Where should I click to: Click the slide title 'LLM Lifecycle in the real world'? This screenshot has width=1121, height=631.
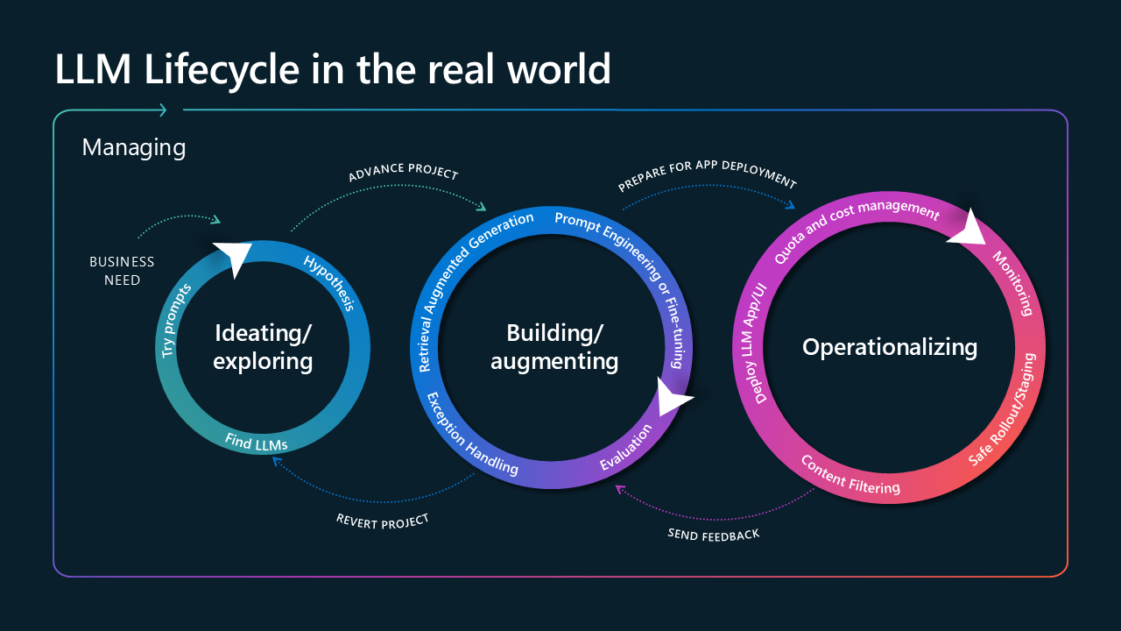pos(333,69)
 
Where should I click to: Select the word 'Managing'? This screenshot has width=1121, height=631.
pos(134,146)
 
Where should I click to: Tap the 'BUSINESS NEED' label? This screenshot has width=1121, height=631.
pos(122,271)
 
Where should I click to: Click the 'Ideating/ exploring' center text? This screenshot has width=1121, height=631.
pos(263,347)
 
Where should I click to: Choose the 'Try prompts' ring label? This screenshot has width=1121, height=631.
pos(177,320)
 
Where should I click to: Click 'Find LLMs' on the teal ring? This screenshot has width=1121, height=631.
pos(256,443)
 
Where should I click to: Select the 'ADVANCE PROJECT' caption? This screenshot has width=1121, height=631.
pos(403,171)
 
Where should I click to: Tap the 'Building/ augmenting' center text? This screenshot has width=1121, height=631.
pos(554,347)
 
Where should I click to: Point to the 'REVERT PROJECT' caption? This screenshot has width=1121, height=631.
pos(383,521)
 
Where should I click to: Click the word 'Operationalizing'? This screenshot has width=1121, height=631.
pos(890,347)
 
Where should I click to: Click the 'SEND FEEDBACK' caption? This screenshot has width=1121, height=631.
pos(714,534)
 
